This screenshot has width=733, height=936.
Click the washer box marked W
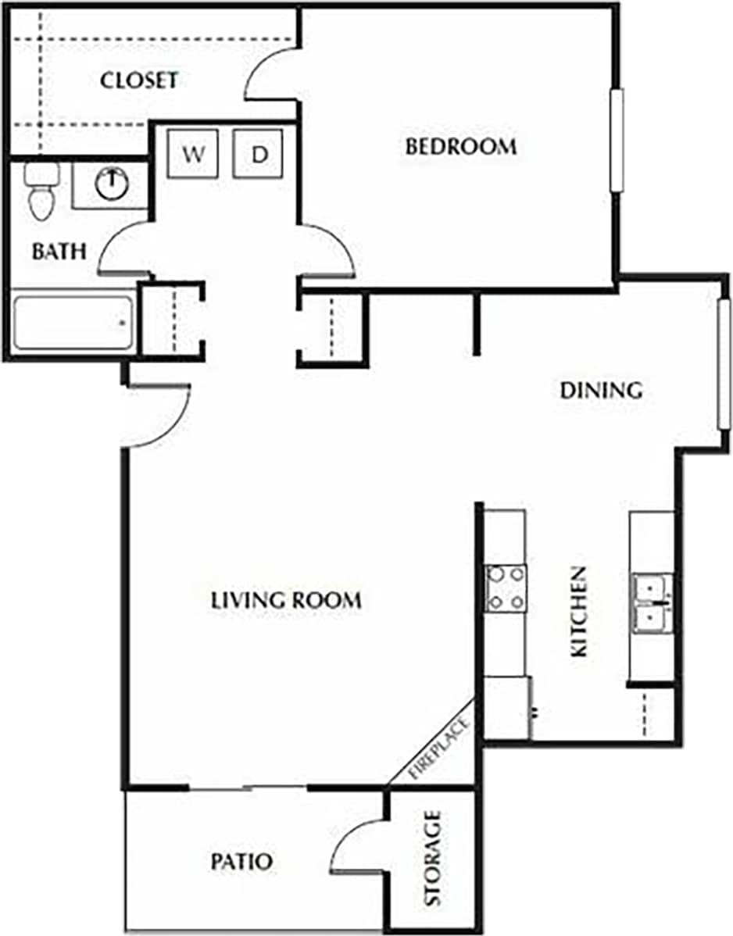[x=193, y=154]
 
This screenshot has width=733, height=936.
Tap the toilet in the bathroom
[x=40, y=192]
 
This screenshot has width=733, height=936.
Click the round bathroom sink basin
[x=113, y=184]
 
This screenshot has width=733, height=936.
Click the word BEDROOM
[x=460, y=146]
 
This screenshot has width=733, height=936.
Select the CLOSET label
[x=139, y=80]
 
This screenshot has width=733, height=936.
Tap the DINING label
[x=601, y=390]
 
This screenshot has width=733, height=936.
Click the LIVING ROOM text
[x=287, y=600]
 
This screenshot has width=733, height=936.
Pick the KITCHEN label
[x=579, y=612]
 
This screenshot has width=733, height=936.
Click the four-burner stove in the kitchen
[x=506, y=588]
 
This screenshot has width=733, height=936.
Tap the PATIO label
[x=241, y=862]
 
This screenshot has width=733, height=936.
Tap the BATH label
[x=59, y=252]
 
